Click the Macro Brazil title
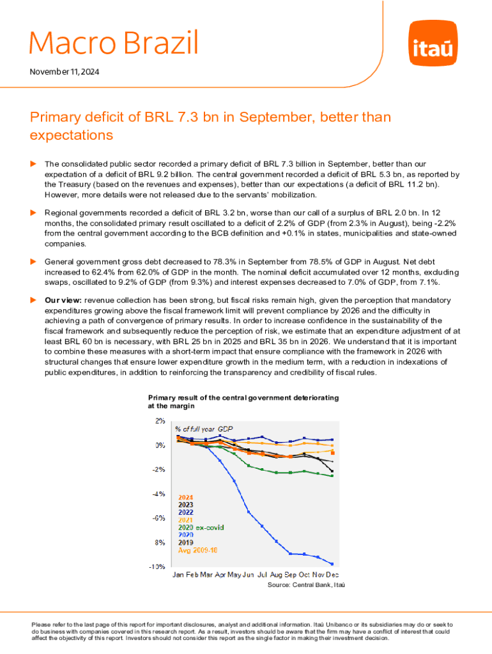(114, 43)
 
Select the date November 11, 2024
(64, 73)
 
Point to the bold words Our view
(62, 300)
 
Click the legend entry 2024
(185, 498)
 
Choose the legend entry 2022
(185, 512)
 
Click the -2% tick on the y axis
(158, 469)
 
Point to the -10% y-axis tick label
(157, 567)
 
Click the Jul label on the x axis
(263, 575)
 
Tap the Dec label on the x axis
(333, 575)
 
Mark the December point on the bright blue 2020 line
(332, 563)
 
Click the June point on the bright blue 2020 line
(249, 512)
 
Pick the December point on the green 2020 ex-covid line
(332, 476)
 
